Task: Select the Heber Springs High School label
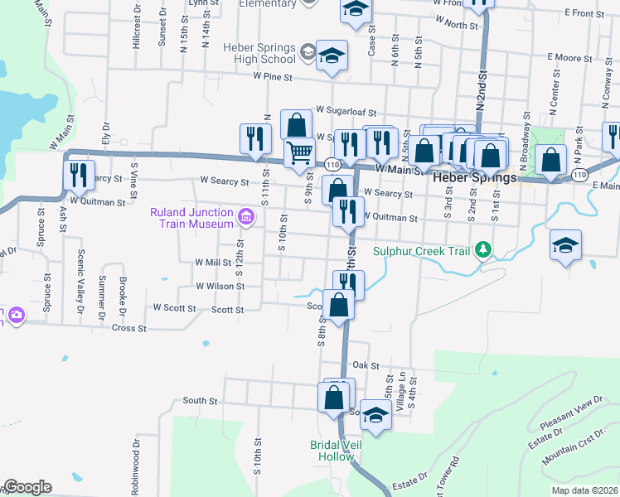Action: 258,53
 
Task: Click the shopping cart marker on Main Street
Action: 299,152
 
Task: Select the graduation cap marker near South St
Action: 375,415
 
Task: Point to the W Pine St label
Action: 272,77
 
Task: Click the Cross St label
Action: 130,328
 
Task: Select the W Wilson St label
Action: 220,286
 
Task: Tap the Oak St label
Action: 366,364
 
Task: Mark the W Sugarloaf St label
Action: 346,109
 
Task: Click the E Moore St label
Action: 567,58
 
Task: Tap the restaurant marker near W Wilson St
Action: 348,284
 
